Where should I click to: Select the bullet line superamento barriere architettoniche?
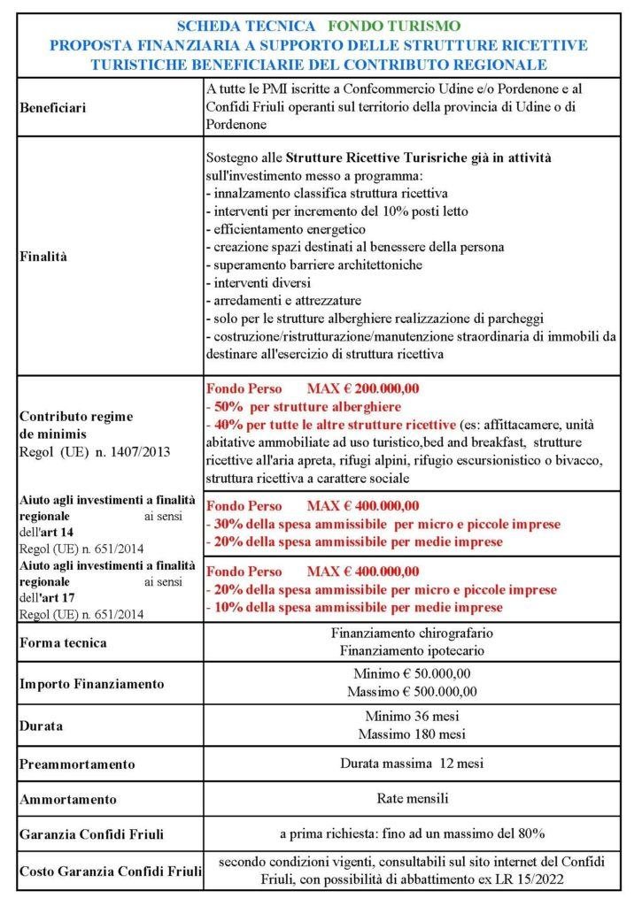(313, 265)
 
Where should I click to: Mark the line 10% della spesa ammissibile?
(354, 608)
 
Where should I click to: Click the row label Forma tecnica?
(63, 642)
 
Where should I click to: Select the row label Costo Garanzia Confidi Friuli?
(110, 871)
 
